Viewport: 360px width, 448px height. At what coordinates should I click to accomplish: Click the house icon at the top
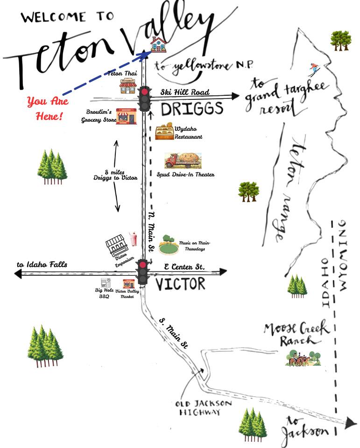coord(158,45)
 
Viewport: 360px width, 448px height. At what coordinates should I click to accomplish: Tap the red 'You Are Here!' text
coord(48,109)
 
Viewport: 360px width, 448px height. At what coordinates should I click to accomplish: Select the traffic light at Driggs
coord(145,98)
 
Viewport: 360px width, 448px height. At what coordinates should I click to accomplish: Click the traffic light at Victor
coord(142,272)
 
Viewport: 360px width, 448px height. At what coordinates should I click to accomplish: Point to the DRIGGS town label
coord(192,109)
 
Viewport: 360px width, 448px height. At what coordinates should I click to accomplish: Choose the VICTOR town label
coord(180,284)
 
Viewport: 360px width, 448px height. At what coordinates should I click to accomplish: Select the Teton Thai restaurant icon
coord(128,87)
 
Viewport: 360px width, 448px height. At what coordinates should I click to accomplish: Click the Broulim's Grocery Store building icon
coord(126,116)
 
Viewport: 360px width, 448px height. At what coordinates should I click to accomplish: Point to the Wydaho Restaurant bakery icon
coord(164,132)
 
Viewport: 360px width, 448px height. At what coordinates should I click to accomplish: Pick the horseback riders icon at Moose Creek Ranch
coord(303,358)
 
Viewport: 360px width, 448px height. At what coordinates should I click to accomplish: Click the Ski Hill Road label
coord(185,92)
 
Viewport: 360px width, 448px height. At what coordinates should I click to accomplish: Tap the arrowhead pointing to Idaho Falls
coord(18,274)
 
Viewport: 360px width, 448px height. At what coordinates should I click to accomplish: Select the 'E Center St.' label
coord(184,267)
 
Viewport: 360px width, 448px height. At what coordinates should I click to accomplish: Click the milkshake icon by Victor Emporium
coord(133,239)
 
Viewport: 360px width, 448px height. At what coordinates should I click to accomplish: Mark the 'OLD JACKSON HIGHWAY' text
coord(203,408)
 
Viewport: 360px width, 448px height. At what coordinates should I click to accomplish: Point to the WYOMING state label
coord(343,256)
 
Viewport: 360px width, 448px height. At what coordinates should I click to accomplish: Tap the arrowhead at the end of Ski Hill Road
coord(235,96)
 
